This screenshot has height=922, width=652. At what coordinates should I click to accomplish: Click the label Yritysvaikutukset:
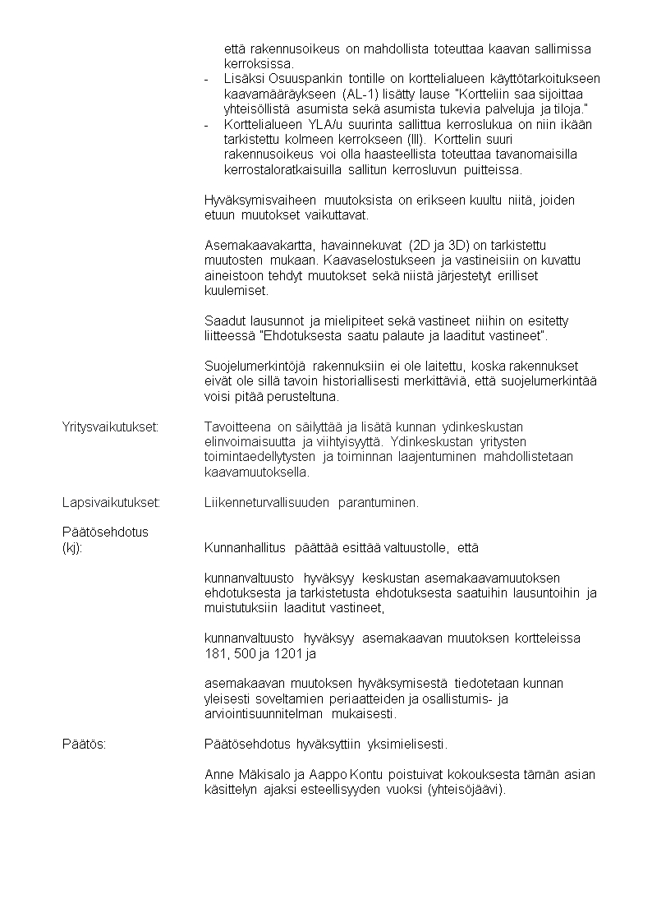111,426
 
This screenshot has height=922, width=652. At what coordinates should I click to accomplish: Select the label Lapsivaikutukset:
111,503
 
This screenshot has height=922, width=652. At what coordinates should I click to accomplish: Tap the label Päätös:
85,745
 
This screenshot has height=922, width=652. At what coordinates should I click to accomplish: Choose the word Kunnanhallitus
245,547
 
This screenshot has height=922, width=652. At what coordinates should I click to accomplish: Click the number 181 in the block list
214,654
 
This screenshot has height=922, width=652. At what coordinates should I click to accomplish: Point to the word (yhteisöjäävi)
466,791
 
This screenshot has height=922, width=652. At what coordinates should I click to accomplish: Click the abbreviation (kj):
72,547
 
